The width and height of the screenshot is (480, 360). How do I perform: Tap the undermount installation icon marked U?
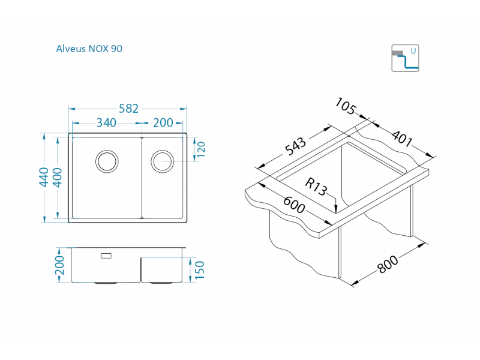click(405, 58)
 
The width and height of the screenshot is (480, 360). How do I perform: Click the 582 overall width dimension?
click(128, 109)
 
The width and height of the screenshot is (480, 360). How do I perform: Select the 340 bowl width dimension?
click(106, 123)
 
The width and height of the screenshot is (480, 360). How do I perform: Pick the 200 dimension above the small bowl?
click(163, 123)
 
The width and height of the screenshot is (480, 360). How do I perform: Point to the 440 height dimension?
click(44, 178)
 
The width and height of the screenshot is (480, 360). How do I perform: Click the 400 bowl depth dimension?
click(58, 178)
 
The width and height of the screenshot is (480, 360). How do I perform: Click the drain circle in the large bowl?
click(106, 160)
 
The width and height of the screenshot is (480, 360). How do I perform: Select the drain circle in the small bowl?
click(162, 161)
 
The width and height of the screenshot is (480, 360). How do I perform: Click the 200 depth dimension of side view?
click(59, 265)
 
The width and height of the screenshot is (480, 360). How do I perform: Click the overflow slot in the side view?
click(106, 256)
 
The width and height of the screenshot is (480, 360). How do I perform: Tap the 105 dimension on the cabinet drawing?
click(346, 106)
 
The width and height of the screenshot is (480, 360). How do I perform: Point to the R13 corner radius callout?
click(316, 187)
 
